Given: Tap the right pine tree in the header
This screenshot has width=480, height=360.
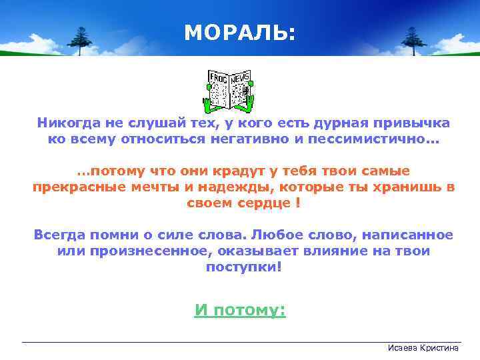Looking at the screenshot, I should pyautogui.click(x=413, y=40).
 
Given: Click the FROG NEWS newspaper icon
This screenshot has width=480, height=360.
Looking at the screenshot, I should pyautogui.click(x=229, y=89).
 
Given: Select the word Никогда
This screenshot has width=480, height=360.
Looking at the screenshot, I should pyautogui.click(x=67, y=123).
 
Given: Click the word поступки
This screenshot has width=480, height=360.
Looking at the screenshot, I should pyautogui.click(x=241, y=267).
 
